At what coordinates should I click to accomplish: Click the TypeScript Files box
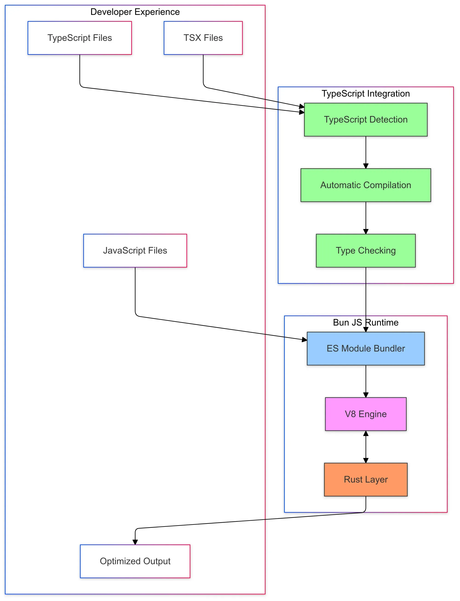[x=80, y=38]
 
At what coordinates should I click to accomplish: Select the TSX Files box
[x=203, y=38]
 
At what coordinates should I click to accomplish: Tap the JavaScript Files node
[x=135, y=251]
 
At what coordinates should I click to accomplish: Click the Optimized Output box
[x=135, y=561]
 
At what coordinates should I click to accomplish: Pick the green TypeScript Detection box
[x=365, y=119]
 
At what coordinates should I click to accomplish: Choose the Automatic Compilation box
[x=365, y=185]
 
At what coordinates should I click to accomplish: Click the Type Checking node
[x=365, y=251]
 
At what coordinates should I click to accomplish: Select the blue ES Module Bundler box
[x=365, y=348]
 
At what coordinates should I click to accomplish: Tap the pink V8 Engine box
[x=365, y=414]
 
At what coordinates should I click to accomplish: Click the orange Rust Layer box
[x=365, y=479]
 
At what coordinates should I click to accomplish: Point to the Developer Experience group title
[x=135, y=12]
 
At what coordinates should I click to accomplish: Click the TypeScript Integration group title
[x=365, y=93]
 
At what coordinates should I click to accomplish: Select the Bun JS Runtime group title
[x=365, y=322]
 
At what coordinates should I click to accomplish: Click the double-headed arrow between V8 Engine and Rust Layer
[x=365, y=446]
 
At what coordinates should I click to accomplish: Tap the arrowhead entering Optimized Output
[x=135, y=542]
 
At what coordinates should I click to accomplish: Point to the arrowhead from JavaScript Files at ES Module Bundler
[x=305, y=340]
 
